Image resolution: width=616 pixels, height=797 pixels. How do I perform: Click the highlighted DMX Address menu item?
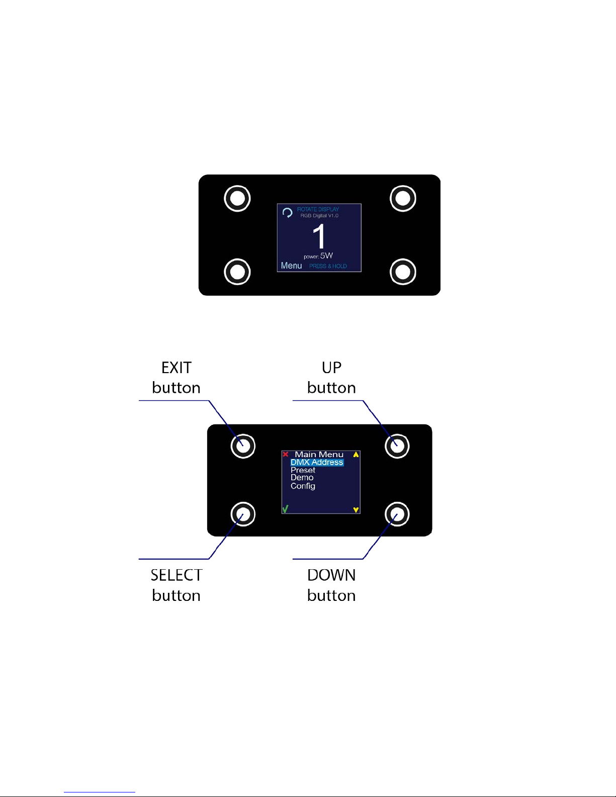point(317,462)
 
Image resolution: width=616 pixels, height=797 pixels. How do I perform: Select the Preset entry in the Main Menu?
point(303,470)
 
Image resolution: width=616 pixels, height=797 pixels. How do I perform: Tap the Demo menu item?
point(302,478)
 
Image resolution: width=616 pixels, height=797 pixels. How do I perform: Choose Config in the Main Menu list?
point(303,486)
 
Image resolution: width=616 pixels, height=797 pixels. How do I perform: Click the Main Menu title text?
point(319,455)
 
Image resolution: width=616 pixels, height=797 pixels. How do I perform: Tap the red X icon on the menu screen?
point(286,454)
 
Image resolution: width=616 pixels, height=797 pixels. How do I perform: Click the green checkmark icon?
point(285,509)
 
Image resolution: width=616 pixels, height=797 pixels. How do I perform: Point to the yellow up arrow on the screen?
point(356,455)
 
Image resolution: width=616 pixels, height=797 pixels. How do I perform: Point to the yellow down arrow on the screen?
point(356,510)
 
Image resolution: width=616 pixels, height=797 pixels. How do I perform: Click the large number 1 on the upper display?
point(319,236)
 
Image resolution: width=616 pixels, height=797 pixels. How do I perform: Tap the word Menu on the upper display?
point(292,265)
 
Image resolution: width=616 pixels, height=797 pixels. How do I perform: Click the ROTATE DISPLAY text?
point(318,209)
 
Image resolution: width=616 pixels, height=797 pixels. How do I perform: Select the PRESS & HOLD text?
point(328,266)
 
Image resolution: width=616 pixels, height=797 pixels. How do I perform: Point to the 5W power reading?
point(326,255)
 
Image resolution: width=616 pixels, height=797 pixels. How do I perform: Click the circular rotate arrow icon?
point(287,213)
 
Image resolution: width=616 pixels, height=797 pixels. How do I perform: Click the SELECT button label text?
point(177,585)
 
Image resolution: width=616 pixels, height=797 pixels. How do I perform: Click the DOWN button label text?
point(331,585)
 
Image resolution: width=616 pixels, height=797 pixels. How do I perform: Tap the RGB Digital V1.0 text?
point(319,216)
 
